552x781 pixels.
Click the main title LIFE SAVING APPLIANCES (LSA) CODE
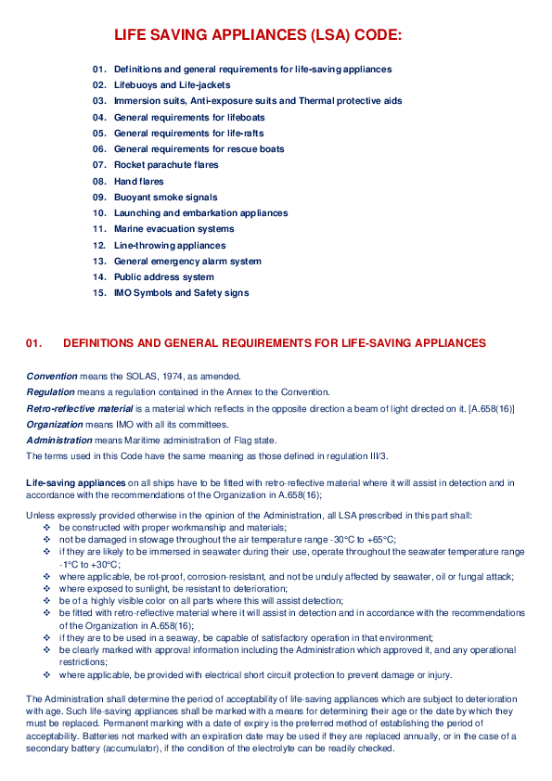point(258,36)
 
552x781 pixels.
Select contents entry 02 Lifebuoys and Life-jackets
point(172,85)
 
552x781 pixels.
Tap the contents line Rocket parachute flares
point(166,165)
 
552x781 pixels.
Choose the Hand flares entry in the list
point(138,181)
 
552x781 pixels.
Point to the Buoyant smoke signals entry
point(165,198)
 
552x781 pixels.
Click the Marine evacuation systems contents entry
point(174,229)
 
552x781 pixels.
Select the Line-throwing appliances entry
point(170,246)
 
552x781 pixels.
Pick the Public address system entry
point(163,277)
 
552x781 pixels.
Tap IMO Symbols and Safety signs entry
point(181,293)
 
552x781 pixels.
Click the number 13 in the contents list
point(99,262)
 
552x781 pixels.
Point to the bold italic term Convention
point(52,377)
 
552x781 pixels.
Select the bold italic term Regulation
point(50,392)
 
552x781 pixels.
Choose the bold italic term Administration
point(59,441)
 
